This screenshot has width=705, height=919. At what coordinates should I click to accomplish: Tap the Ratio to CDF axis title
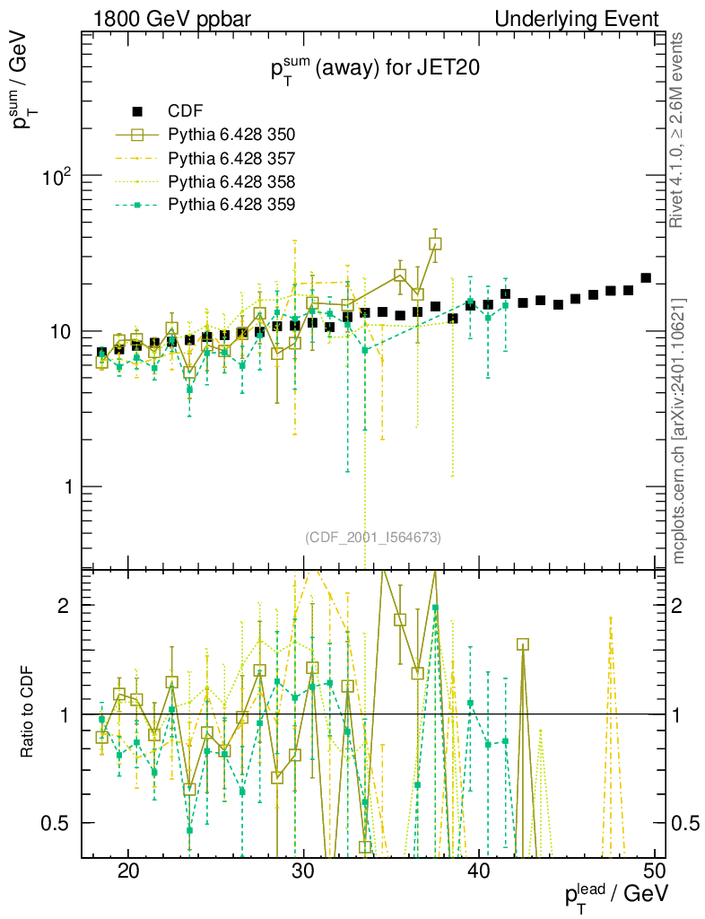pyautogui.click(x=27, y=713)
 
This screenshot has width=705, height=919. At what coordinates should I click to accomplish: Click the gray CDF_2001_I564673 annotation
pyautogui.click(x=373, y=537)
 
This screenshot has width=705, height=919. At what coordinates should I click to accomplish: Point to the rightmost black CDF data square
pyautogui.click(x=646, y=278)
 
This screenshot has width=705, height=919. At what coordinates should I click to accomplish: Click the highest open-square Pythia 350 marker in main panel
pyautogui.click(x=435, y=243)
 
